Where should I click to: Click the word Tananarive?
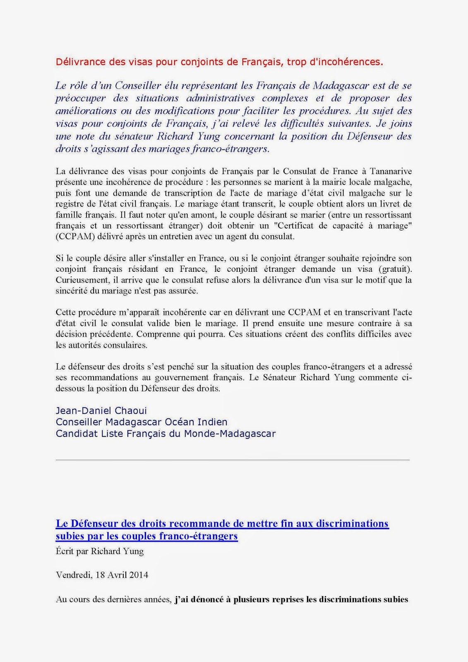click(390, 171)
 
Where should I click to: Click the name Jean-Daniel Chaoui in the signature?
click(101, 411)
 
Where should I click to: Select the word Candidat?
click(77, 434)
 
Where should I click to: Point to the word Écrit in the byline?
click(65, 551)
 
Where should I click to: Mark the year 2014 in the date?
click(138, 575)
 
